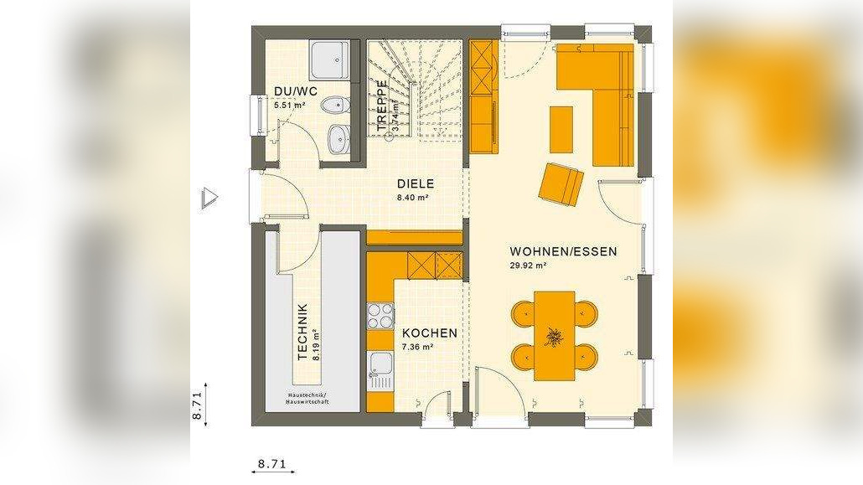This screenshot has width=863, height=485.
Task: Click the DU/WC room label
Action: (295, 91)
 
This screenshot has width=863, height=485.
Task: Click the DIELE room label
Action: (413, 183)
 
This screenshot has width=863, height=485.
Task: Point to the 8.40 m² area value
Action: (413, 199)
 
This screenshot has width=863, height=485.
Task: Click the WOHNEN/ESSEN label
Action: (563, 251)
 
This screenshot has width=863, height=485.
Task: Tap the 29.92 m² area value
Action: (528, 266)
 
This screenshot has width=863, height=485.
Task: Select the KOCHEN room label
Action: (429, 333)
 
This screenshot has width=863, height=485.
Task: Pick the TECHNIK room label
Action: (302, 332)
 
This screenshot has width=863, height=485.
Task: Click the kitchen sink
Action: (380, 369)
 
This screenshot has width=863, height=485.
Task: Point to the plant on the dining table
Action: (554, 337)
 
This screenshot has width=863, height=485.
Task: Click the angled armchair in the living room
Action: (561, 183)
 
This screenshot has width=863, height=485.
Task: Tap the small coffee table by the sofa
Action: (561, 129)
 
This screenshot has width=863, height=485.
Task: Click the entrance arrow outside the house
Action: (209, 198)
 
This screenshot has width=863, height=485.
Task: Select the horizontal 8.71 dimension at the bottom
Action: (272, 463)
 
